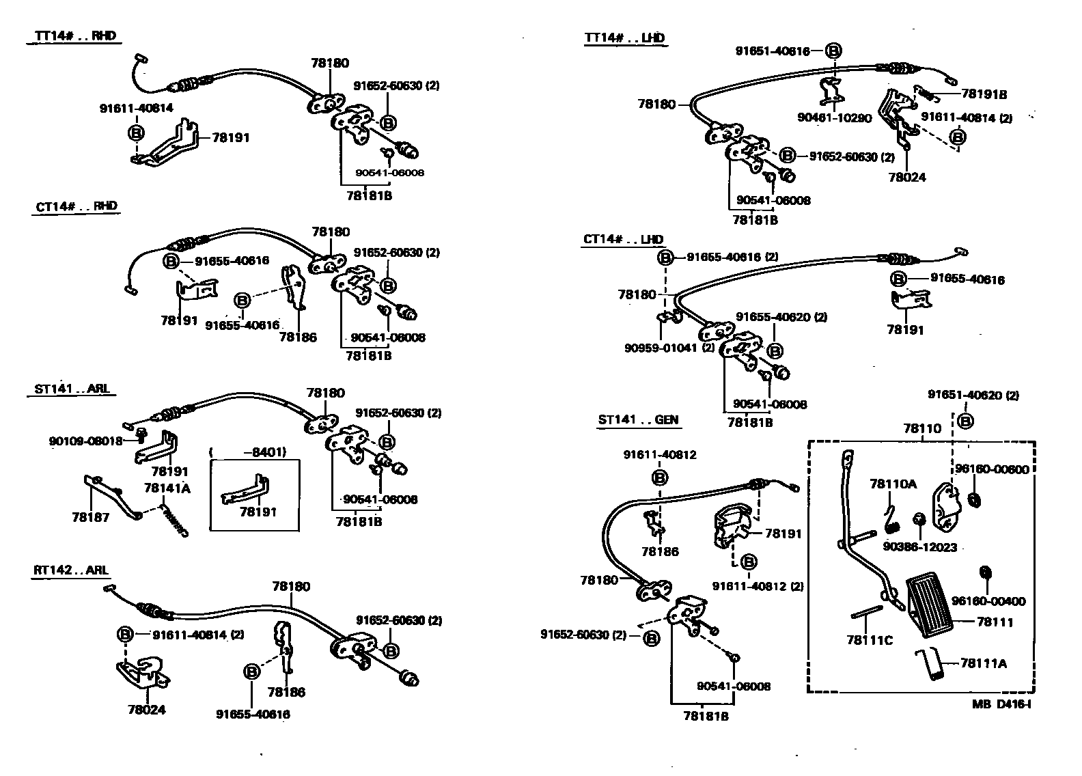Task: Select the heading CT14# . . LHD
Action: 624,240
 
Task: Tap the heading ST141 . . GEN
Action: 639,420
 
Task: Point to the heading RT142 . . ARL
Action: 71,570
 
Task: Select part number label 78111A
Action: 983,663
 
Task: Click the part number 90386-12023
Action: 919,547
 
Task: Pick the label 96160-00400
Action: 988,601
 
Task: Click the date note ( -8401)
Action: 247,452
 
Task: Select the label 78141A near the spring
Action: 167,488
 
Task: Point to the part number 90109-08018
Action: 85,441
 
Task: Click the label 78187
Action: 90,518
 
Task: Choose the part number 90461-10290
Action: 834,117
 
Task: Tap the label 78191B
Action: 984,95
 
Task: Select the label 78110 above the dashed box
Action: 921,428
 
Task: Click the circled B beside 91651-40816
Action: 833,51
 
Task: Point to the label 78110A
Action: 893,484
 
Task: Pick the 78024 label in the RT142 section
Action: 146,710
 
